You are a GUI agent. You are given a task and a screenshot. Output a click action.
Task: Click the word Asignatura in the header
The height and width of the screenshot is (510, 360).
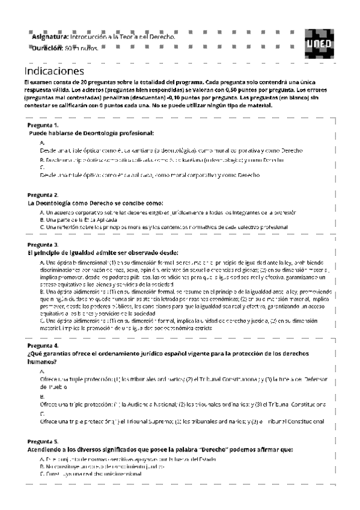click(50, 37)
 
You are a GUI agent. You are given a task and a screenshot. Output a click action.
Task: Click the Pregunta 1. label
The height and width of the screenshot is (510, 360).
click(43, 124)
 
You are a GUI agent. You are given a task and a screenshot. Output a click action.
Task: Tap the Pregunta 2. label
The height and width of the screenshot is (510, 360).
click(43, 195)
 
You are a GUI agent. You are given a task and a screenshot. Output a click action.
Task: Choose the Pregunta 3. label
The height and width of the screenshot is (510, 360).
click(43, 245)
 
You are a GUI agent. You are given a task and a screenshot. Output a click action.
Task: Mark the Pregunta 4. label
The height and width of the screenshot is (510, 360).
click(43, 346)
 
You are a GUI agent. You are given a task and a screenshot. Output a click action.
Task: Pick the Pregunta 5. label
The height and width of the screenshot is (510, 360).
click(43, 441)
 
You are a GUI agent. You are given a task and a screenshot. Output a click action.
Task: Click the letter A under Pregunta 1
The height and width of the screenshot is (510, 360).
click(41, 142)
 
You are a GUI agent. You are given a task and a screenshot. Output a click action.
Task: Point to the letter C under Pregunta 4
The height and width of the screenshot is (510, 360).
click(41, 414)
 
